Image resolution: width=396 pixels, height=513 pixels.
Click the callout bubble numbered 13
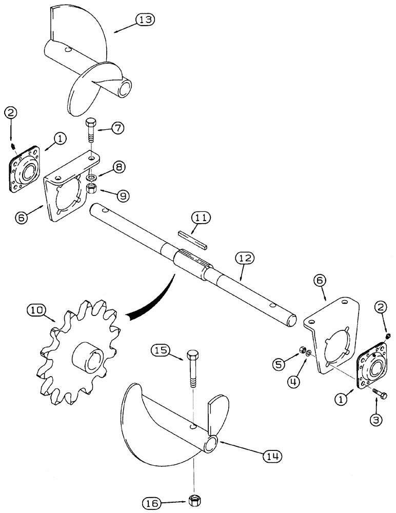pyautogui.click(x=145, y=19)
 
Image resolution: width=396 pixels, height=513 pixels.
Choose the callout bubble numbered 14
pyautogui.click(x=272, y=455)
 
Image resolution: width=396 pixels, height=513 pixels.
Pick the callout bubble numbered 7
pyautogui.click(x=117, y=128)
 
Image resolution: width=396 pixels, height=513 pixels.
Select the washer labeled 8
pyautogui.click(x=91, y=177)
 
